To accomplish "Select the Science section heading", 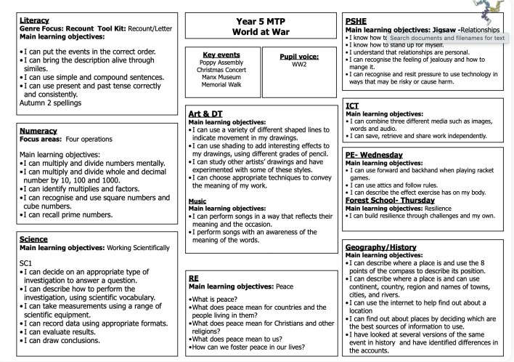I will pyautogui.click(x=25, y=238).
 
